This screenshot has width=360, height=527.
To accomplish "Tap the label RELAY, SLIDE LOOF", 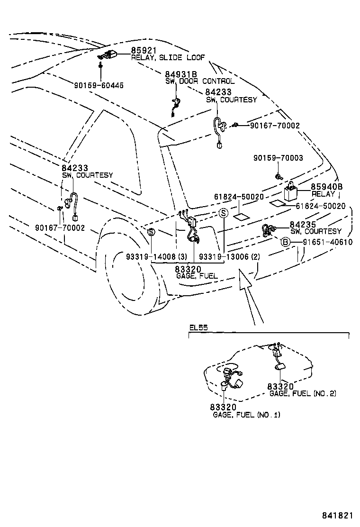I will click(x=168, y=57).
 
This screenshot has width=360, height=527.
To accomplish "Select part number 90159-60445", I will click(x=99, y=85).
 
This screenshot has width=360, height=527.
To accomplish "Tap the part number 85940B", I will click(x=326, y=187).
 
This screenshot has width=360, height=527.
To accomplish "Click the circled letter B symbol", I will click(x=286, y=242).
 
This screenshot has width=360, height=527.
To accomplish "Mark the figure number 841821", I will click(x=338, y=515).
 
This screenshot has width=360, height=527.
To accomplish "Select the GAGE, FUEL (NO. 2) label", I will click(x=303, y=393).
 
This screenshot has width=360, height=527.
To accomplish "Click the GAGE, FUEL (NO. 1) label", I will click(x=246, y=415).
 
